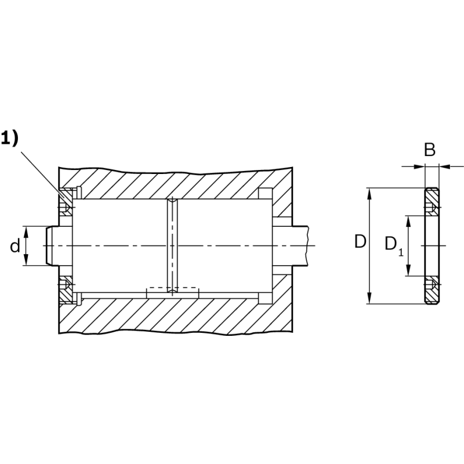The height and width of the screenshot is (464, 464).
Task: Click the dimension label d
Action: pos(15,246)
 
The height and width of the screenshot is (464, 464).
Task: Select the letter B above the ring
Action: pos(430,150)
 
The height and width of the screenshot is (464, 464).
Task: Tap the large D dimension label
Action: pos(360,242)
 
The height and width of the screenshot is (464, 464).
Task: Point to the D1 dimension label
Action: pos(394,245)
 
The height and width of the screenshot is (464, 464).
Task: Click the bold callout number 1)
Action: pos(9,138)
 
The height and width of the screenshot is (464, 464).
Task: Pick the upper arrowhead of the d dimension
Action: pos(26,231)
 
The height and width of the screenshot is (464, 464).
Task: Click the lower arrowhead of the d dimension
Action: pos(26,260)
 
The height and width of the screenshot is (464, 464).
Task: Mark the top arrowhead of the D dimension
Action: pos(369,194)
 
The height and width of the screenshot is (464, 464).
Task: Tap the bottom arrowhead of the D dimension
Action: pos(369,298)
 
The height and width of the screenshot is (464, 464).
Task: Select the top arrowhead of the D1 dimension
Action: pos(408,222)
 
